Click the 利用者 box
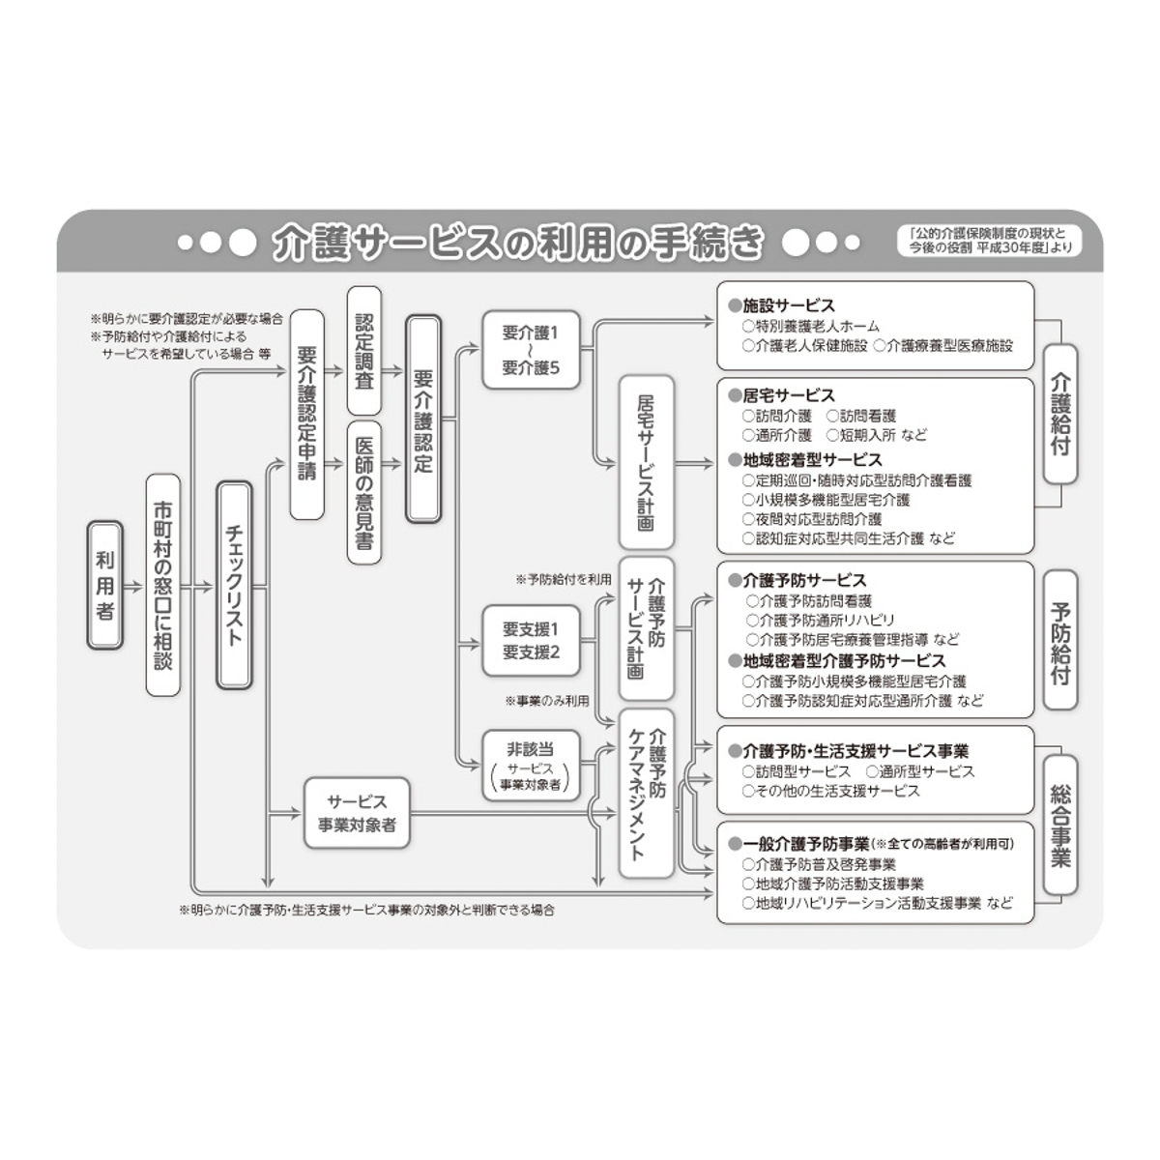coord(105,585)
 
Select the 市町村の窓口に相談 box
coord(163,585)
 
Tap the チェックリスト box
coord(234,585)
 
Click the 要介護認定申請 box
coord(307,415)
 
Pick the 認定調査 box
coord(363,351)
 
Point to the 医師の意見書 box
coord(363,492)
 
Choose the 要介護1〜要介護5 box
coord(530,350)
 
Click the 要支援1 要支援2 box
coord(530,640)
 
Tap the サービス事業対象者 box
coord(357,814)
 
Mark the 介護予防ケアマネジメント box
coord(646,793)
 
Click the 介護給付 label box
coord(1060,414)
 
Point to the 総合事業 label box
coord(1060,825)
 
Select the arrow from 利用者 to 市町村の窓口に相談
coord(133,586)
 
